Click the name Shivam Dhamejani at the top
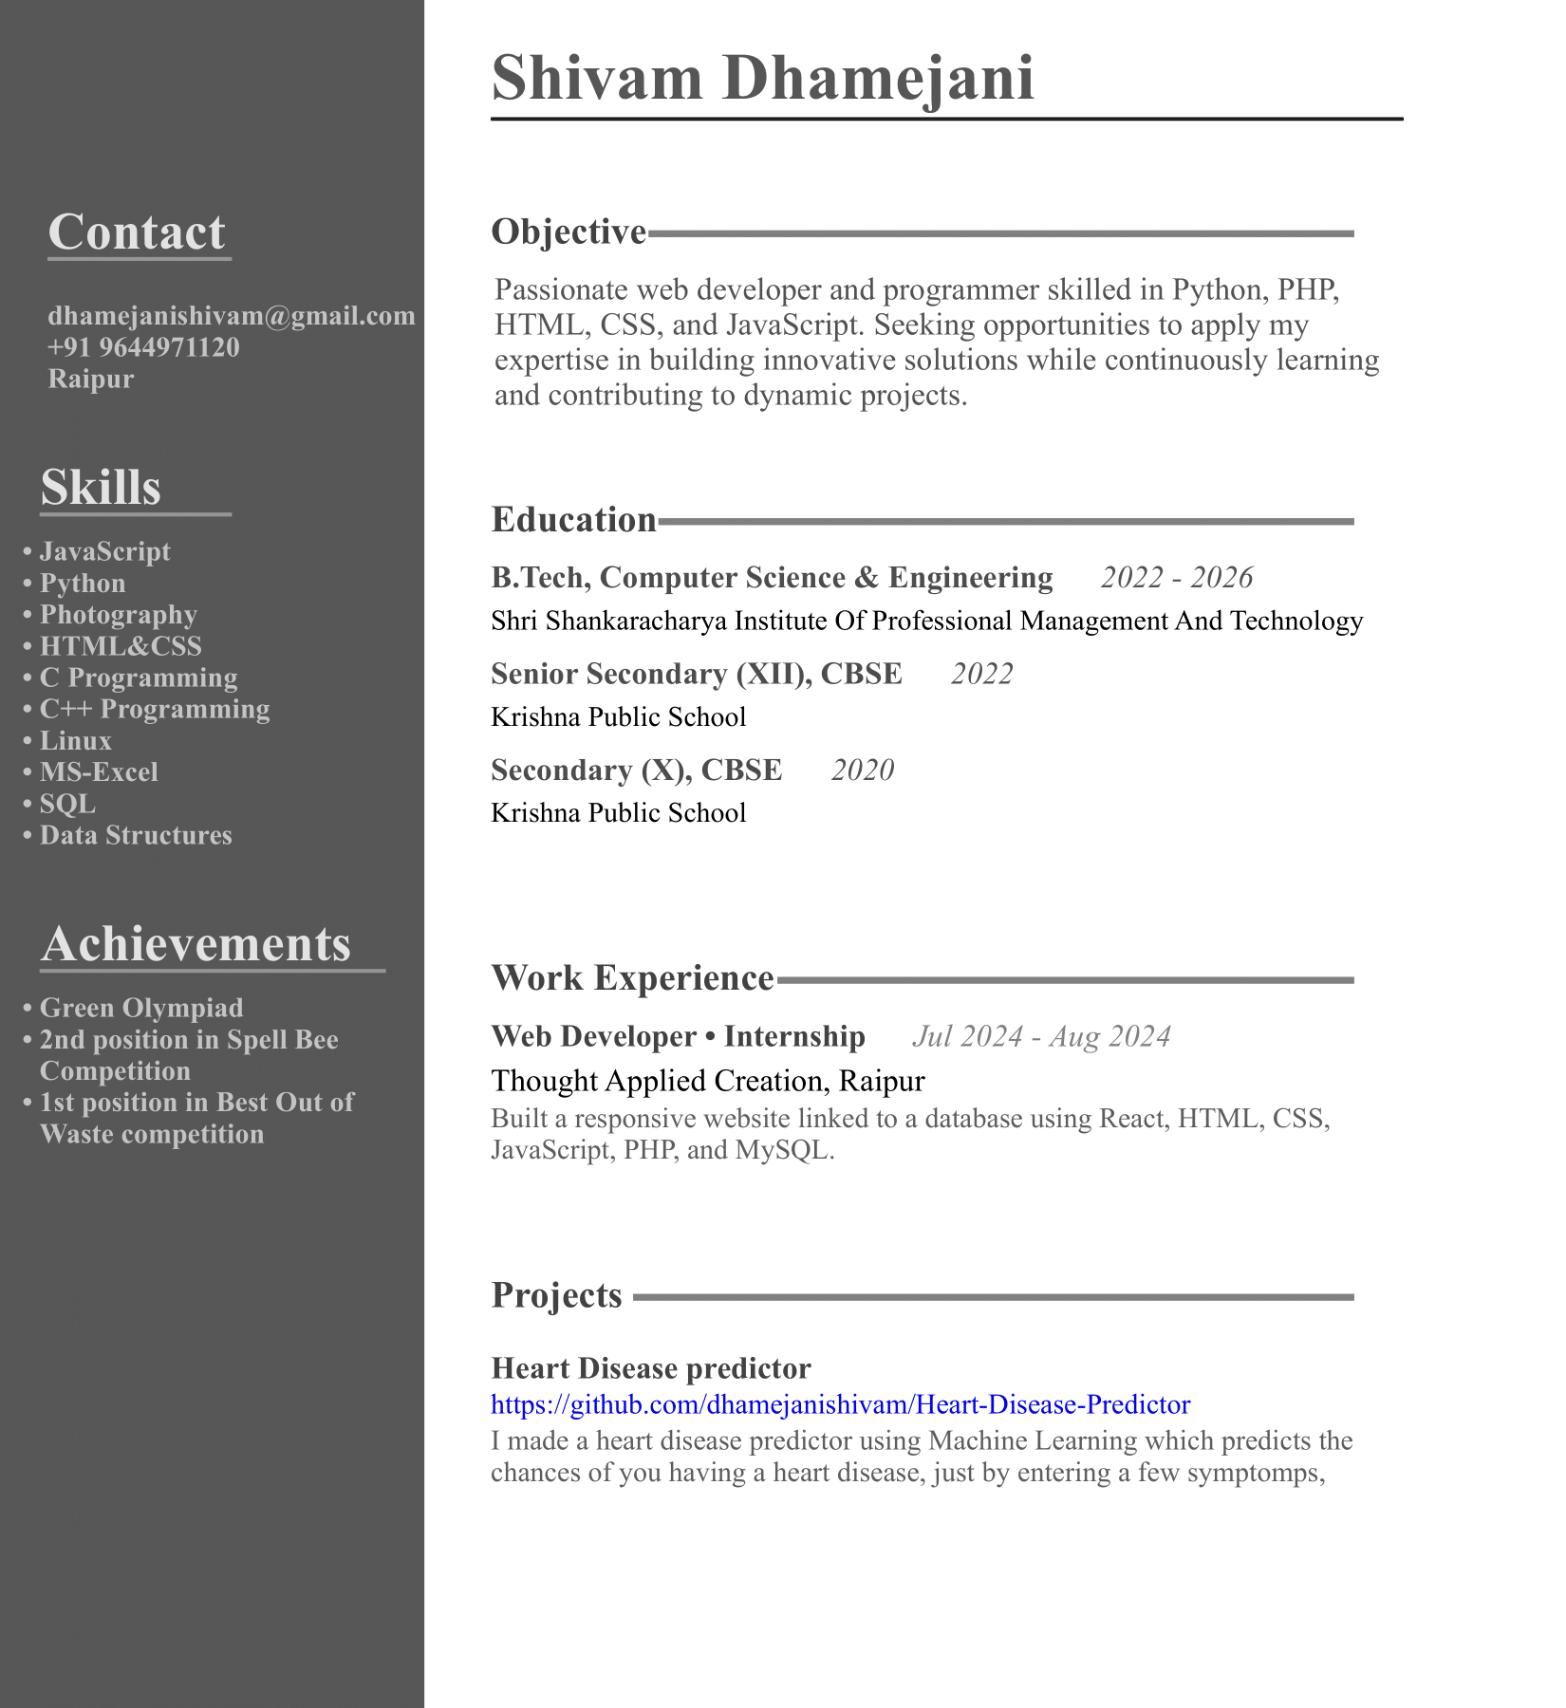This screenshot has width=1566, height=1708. pos(762,79)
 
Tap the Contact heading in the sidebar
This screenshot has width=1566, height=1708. pos(137,232)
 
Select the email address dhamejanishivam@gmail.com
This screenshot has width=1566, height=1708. pos(232,316)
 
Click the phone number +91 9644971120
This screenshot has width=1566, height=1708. pos(143,347)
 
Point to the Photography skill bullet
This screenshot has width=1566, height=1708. pos(118,615)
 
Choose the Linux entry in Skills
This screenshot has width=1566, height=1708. pos(75,741)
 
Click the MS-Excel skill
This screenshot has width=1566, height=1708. pos(99,772)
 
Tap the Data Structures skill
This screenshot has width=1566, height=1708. pos(136,835)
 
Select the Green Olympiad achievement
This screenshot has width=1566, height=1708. pos(140,1008)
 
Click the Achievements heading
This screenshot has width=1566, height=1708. pos(196,945)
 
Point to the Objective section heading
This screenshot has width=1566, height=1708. pos(569,232)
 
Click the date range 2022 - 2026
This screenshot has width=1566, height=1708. pos(1177,578)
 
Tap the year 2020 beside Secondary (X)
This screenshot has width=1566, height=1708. pos(863,770)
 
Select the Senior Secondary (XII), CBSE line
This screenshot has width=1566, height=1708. pos(697,674)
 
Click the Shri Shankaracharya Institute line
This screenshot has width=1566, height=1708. pos(926,622)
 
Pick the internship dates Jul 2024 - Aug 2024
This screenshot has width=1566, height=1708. pos(1041,1036)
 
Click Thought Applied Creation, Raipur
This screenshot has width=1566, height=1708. pos(707,1081)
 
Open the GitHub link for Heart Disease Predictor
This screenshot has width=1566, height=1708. pos(840,1404)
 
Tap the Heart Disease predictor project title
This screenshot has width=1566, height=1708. pos(651,1368)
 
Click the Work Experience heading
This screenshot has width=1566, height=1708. pos(632,978)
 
